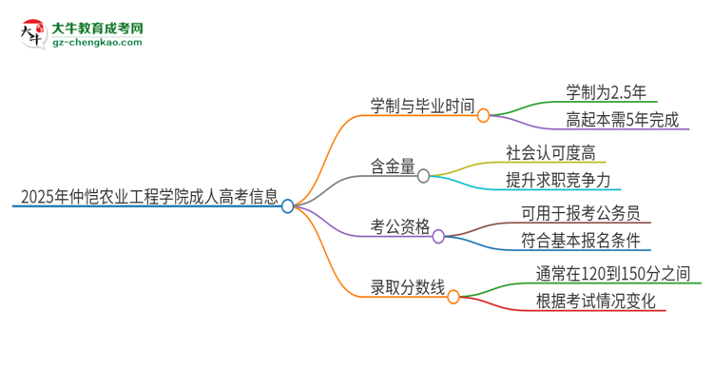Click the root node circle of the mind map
[x=288, y=205]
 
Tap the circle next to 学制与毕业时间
[x=484, y=116]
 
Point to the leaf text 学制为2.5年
[x=606, y=93]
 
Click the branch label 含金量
[x=393, y=167]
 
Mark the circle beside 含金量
[x=424, y=176]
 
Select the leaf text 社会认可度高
[x=555, y=153]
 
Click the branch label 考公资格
[x=400, y=227]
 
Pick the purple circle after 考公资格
[x=438, y=236]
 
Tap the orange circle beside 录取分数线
[x=453, y=297]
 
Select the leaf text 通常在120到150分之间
[x=612, y=274]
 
